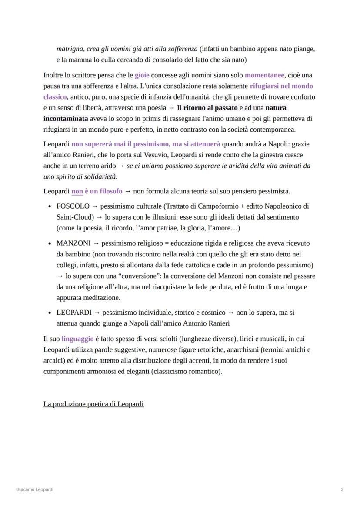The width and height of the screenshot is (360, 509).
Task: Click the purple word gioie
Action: [142, 75]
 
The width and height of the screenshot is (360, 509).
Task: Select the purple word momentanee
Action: [264, 75]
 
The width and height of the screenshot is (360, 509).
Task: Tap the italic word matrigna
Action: [70, 49]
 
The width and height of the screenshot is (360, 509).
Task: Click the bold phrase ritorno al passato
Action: [210, 108]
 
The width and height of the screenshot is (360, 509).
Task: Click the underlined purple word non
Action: [77, 191]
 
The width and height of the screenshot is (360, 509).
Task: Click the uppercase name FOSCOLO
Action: [73, 206]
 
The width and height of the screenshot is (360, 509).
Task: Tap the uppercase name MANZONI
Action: [73, 243]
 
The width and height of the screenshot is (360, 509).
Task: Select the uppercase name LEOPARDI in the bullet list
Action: [74, 313]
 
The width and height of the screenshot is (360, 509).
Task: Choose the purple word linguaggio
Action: [77, 339]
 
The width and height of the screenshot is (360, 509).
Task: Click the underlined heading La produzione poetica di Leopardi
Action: [93, 404]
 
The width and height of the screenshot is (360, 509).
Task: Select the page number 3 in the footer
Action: [342, 489]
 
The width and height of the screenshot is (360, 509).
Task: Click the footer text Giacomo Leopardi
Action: [35, 489]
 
